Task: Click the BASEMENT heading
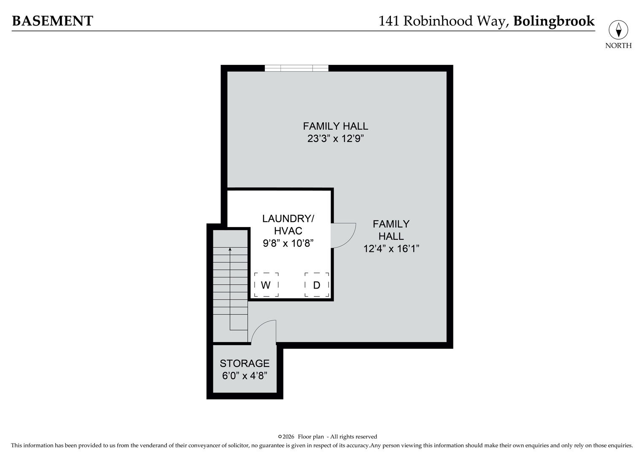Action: tap(52, 21)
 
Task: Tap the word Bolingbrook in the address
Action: tap(554, 21)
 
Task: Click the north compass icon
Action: tap(618, 30)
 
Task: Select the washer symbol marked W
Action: tap(266, 285)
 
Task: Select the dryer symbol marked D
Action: tap(317, 285)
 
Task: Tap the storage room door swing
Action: tap(264, 332)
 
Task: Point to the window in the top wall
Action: tap(296, 68)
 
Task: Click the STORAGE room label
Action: tap(245, 363)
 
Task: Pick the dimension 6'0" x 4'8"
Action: tap(245, 376)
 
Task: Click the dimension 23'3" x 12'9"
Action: tap(335, 139)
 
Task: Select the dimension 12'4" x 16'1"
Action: tap(391, 249)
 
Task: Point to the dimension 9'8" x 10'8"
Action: tap(288, 243)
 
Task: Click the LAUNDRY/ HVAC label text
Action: tap(288, 225)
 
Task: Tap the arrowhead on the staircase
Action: tap(230, 249)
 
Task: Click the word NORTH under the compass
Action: tap(618, 45)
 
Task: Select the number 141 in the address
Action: tap(389, 21)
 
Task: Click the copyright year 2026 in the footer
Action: tap(288, 437)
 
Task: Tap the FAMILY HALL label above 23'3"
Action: tap(335, 126)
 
